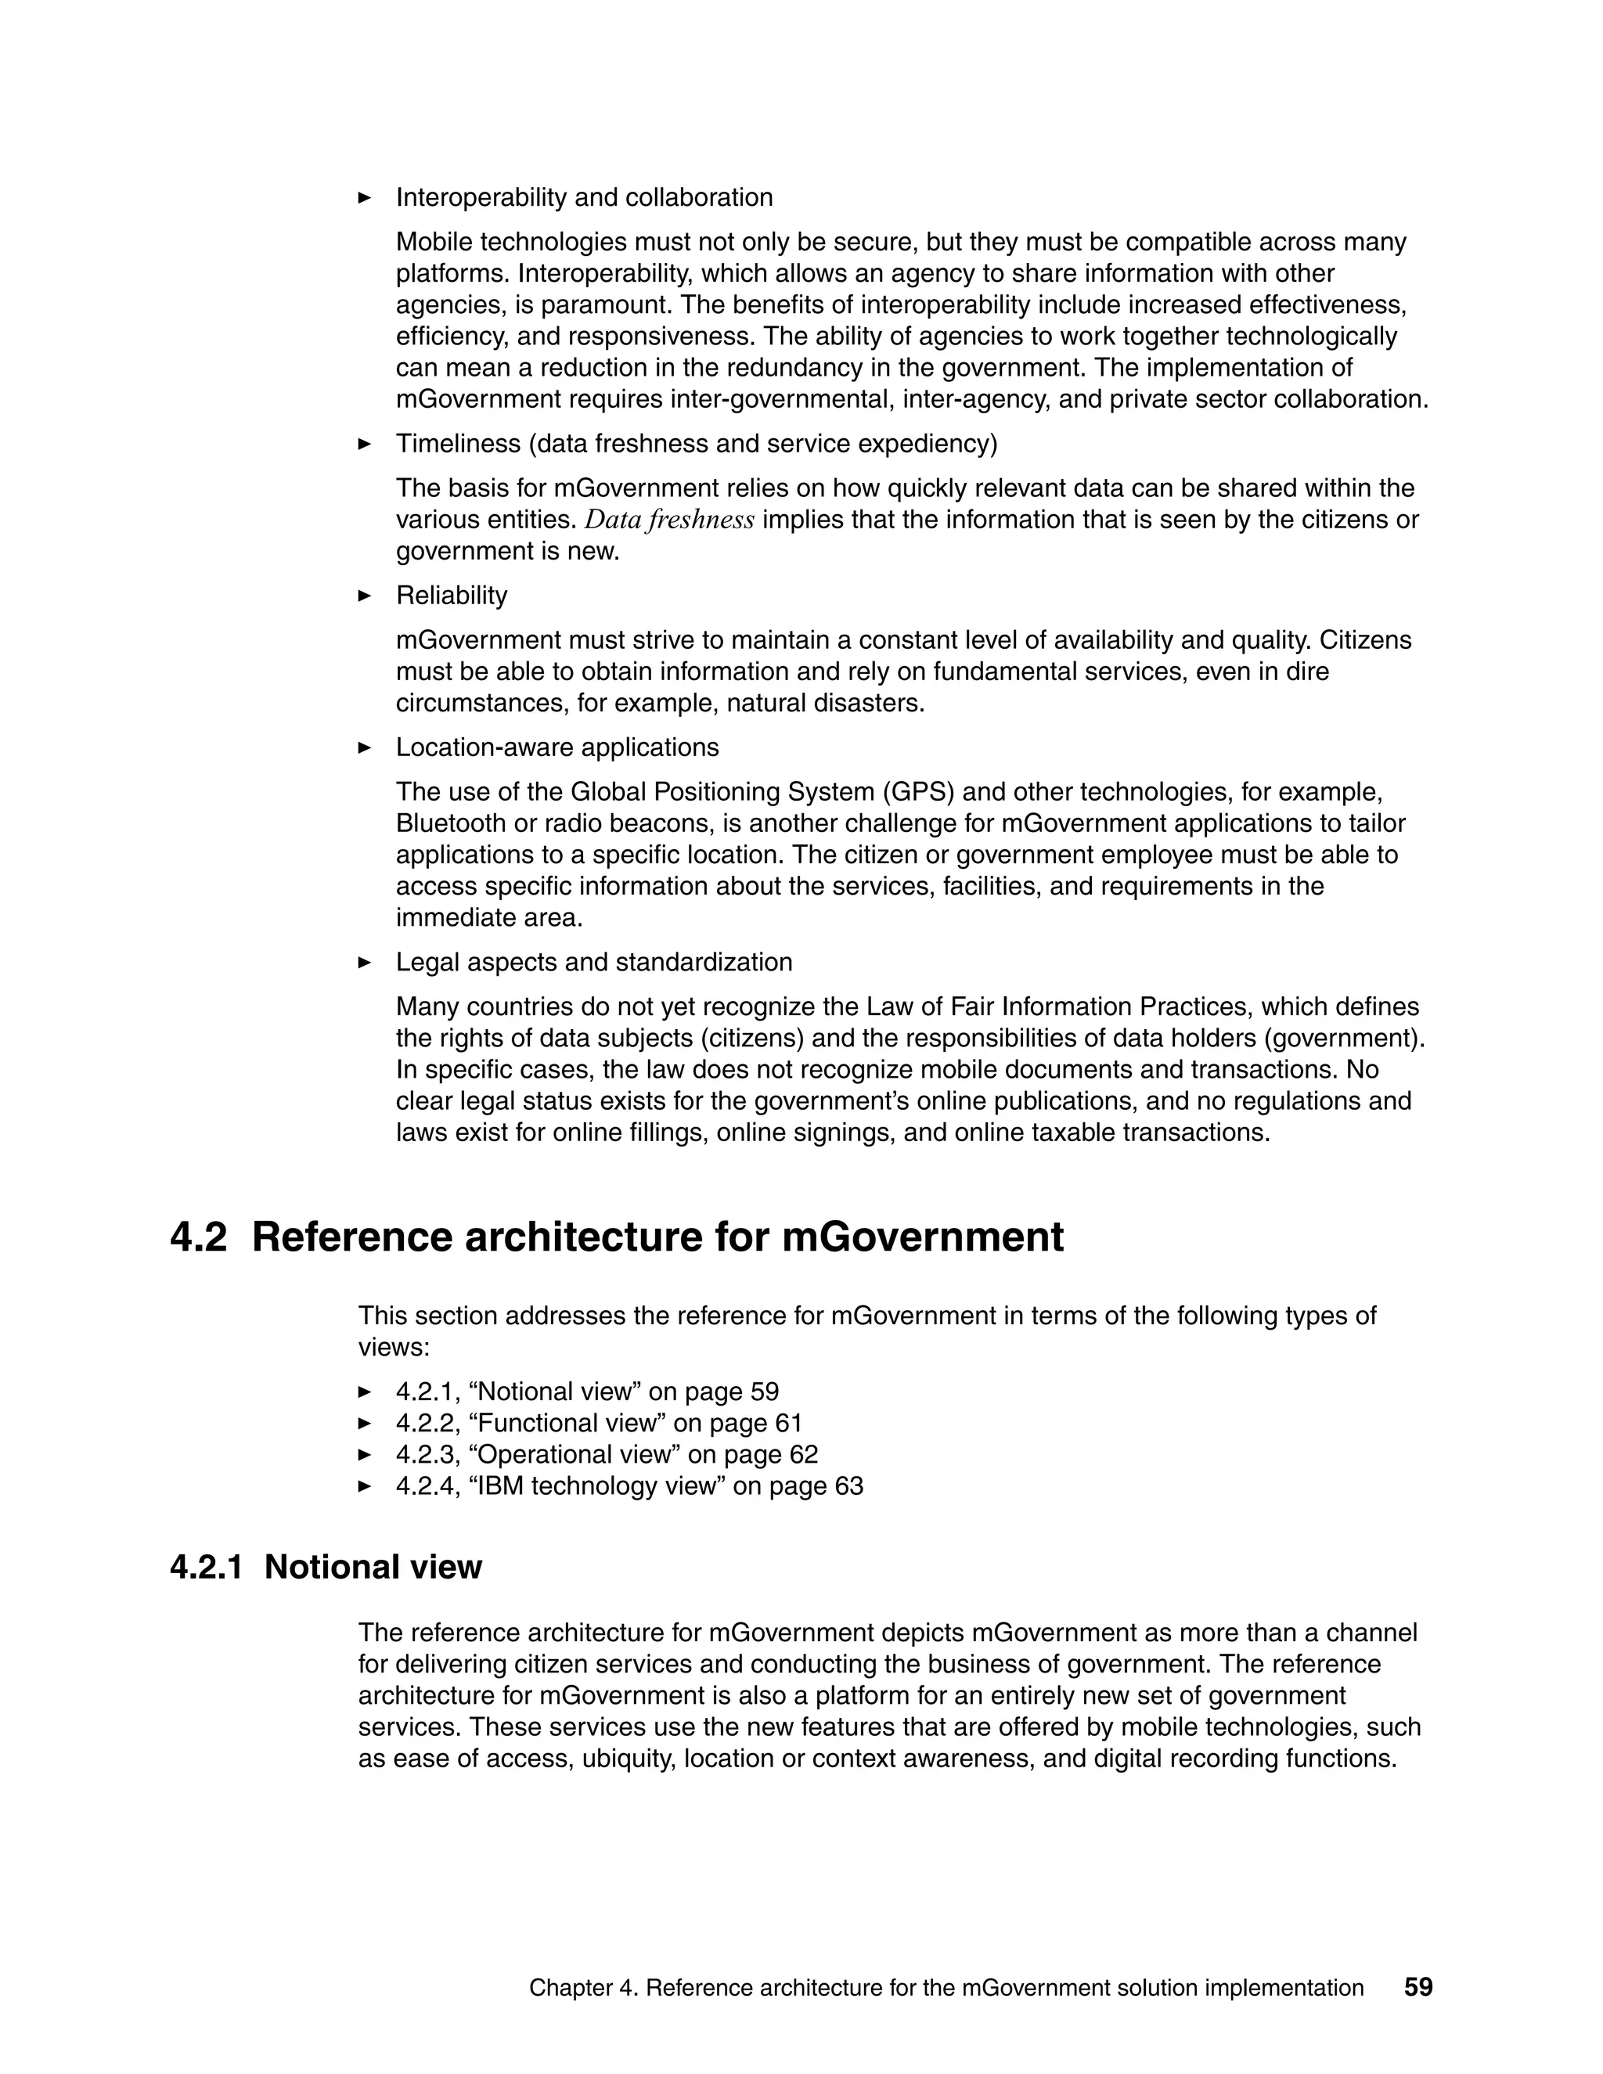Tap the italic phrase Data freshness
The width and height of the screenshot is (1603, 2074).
668,520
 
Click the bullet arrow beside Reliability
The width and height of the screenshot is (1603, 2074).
365,596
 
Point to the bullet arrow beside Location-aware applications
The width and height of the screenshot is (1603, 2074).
365,747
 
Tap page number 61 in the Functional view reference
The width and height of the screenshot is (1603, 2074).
788,1423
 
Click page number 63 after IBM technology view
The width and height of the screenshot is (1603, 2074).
849,1485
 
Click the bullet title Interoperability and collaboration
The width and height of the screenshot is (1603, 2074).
584,197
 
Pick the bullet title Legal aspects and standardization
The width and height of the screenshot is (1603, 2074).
593,962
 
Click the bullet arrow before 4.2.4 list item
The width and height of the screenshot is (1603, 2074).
365,1485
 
